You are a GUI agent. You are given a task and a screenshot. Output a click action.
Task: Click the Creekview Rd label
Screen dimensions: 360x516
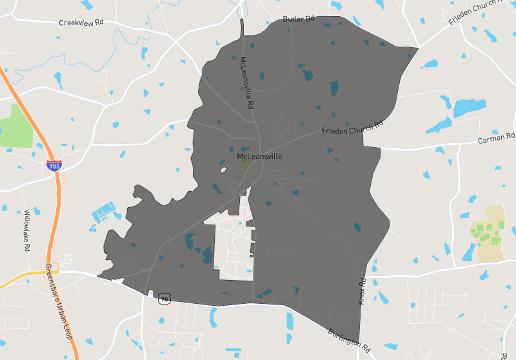point(81,23)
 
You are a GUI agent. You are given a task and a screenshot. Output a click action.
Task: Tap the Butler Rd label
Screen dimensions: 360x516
point(298,19)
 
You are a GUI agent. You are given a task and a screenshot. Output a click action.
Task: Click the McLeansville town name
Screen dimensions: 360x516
point(259,156)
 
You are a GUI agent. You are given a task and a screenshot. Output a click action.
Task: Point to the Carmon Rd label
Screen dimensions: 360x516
point(497,138)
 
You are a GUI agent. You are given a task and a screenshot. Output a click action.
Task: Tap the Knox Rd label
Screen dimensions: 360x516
point(362,292)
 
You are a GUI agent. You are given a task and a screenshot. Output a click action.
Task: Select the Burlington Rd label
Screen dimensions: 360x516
point(349,341)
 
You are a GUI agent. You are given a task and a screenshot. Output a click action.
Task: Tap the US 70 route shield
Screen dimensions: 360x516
point(165,299)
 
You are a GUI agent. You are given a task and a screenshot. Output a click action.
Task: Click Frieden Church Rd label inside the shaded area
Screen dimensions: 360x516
point(353,127)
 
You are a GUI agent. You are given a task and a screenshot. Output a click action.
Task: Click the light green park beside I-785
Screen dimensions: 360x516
point(15,125)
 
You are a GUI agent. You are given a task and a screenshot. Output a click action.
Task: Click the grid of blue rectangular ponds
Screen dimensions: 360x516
point(103,211)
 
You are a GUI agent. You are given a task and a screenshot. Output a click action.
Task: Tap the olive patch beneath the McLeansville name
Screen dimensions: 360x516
point(244,164)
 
